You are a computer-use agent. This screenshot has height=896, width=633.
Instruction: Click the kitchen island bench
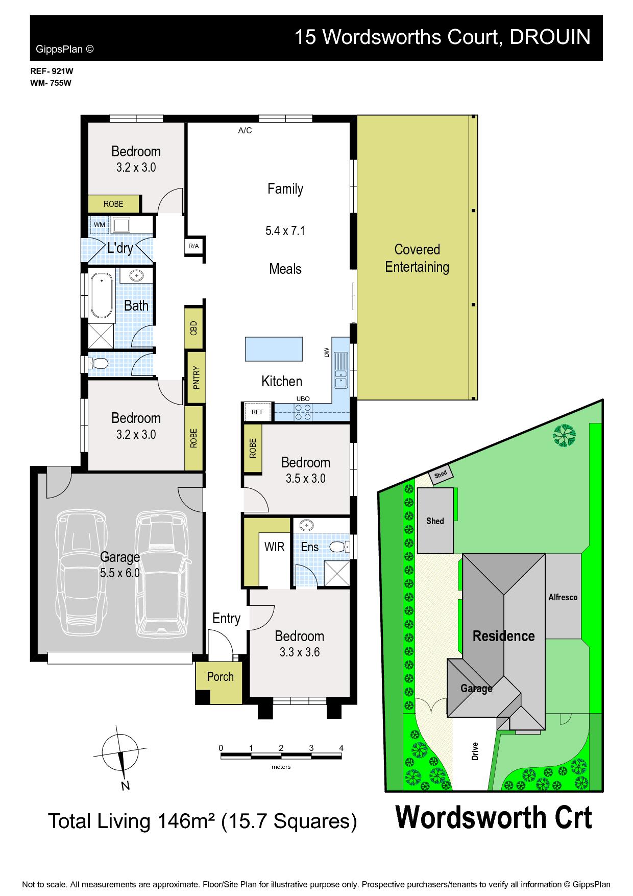[x=274, y=348]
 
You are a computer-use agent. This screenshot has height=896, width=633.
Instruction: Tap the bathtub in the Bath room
[x=102, y=296]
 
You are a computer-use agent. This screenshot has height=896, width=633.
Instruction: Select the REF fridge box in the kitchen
[x=258, y=412]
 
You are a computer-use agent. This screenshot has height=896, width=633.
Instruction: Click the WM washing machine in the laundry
[x=100, y=225]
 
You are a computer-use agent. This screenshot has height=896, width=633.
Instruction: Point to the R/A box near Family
[x=194, y=246]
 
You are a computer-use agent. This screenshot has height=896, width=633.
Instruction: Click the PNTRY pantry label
[x=197, y=379]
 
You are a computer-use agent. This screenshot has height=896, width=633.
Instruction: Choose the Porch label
[x=221, y=677]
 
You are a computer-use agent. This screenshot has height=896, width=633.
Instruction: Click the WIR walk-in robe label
[x=274, y=547]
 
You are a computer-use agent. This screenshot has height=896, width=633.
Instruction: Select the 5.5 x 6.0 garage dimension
[x=120, y=573]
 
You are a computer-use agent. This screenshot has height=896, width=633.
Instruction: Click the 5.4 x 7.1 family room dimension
[x=285, y=231]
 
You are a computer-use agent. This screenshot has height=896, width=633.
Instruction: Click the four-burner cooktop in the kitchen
[x=303, y=412]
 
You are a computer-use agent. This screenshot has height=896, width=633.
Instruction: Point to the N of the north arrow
[x=125, y=786]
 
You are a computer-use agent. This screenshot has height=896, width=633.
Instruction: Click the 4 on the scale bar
[x=342, y=748]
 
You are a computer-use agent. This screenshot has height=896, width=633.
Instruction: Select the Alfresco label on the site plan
[x=563, y=597]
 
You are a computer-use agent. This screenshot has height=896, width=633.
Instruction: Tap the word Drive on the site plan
[x=475, y=751]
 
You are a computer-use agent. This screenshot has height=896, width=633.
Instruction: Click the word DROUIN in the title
[x=550, y=37]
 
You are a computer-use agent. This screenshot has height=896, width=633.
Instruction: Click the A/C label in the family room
[x=245, y=131]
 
